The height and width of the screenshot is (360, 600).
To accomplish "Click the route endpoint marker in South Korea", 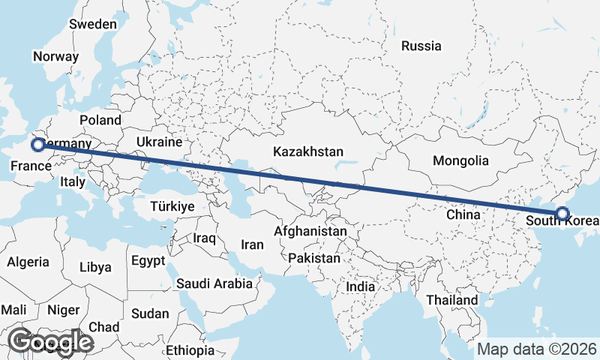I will click(562, 214).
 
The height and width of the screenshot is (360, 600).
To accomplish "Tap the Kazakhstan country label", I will click(307, 151).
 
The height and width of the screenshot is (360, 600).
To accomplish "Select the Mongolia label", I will click(460, 160).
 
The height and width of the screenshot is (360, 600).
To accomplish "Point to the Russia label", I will click(421, 46).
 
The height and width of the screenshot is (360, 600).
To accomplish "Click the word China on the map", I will click(463, 214).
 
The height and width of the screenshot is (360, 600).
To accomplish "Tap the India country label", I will click(361, 286).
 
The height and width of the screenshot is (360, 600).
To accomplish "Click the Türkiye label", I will click(172, 206).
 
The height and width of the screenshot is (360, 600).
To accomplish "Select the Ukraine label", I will click(160, 142).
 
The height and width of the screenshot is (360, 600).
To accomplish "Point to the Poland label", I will click(100, 120).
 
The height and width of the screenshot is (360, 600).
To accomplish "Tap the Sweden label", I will click(93, 24).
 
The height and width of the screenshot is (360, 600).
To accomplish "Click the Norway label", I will click(55, 56).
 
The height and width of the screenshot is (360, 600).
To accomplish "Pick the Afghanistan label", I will click(310, 232).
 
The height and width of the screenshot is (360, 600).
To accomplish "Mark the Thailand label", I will click(452, 300).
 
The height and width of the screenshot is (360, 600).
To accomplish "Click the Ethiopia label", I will click(190, 350).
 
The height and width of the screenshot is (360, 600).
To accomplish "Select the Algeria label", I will click(28, 262).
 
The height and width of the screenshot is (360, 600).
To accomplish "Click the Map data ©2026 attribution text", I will click(537, 349).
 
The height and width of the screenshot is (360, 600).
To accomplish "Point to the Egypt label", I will click(147, 261).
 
